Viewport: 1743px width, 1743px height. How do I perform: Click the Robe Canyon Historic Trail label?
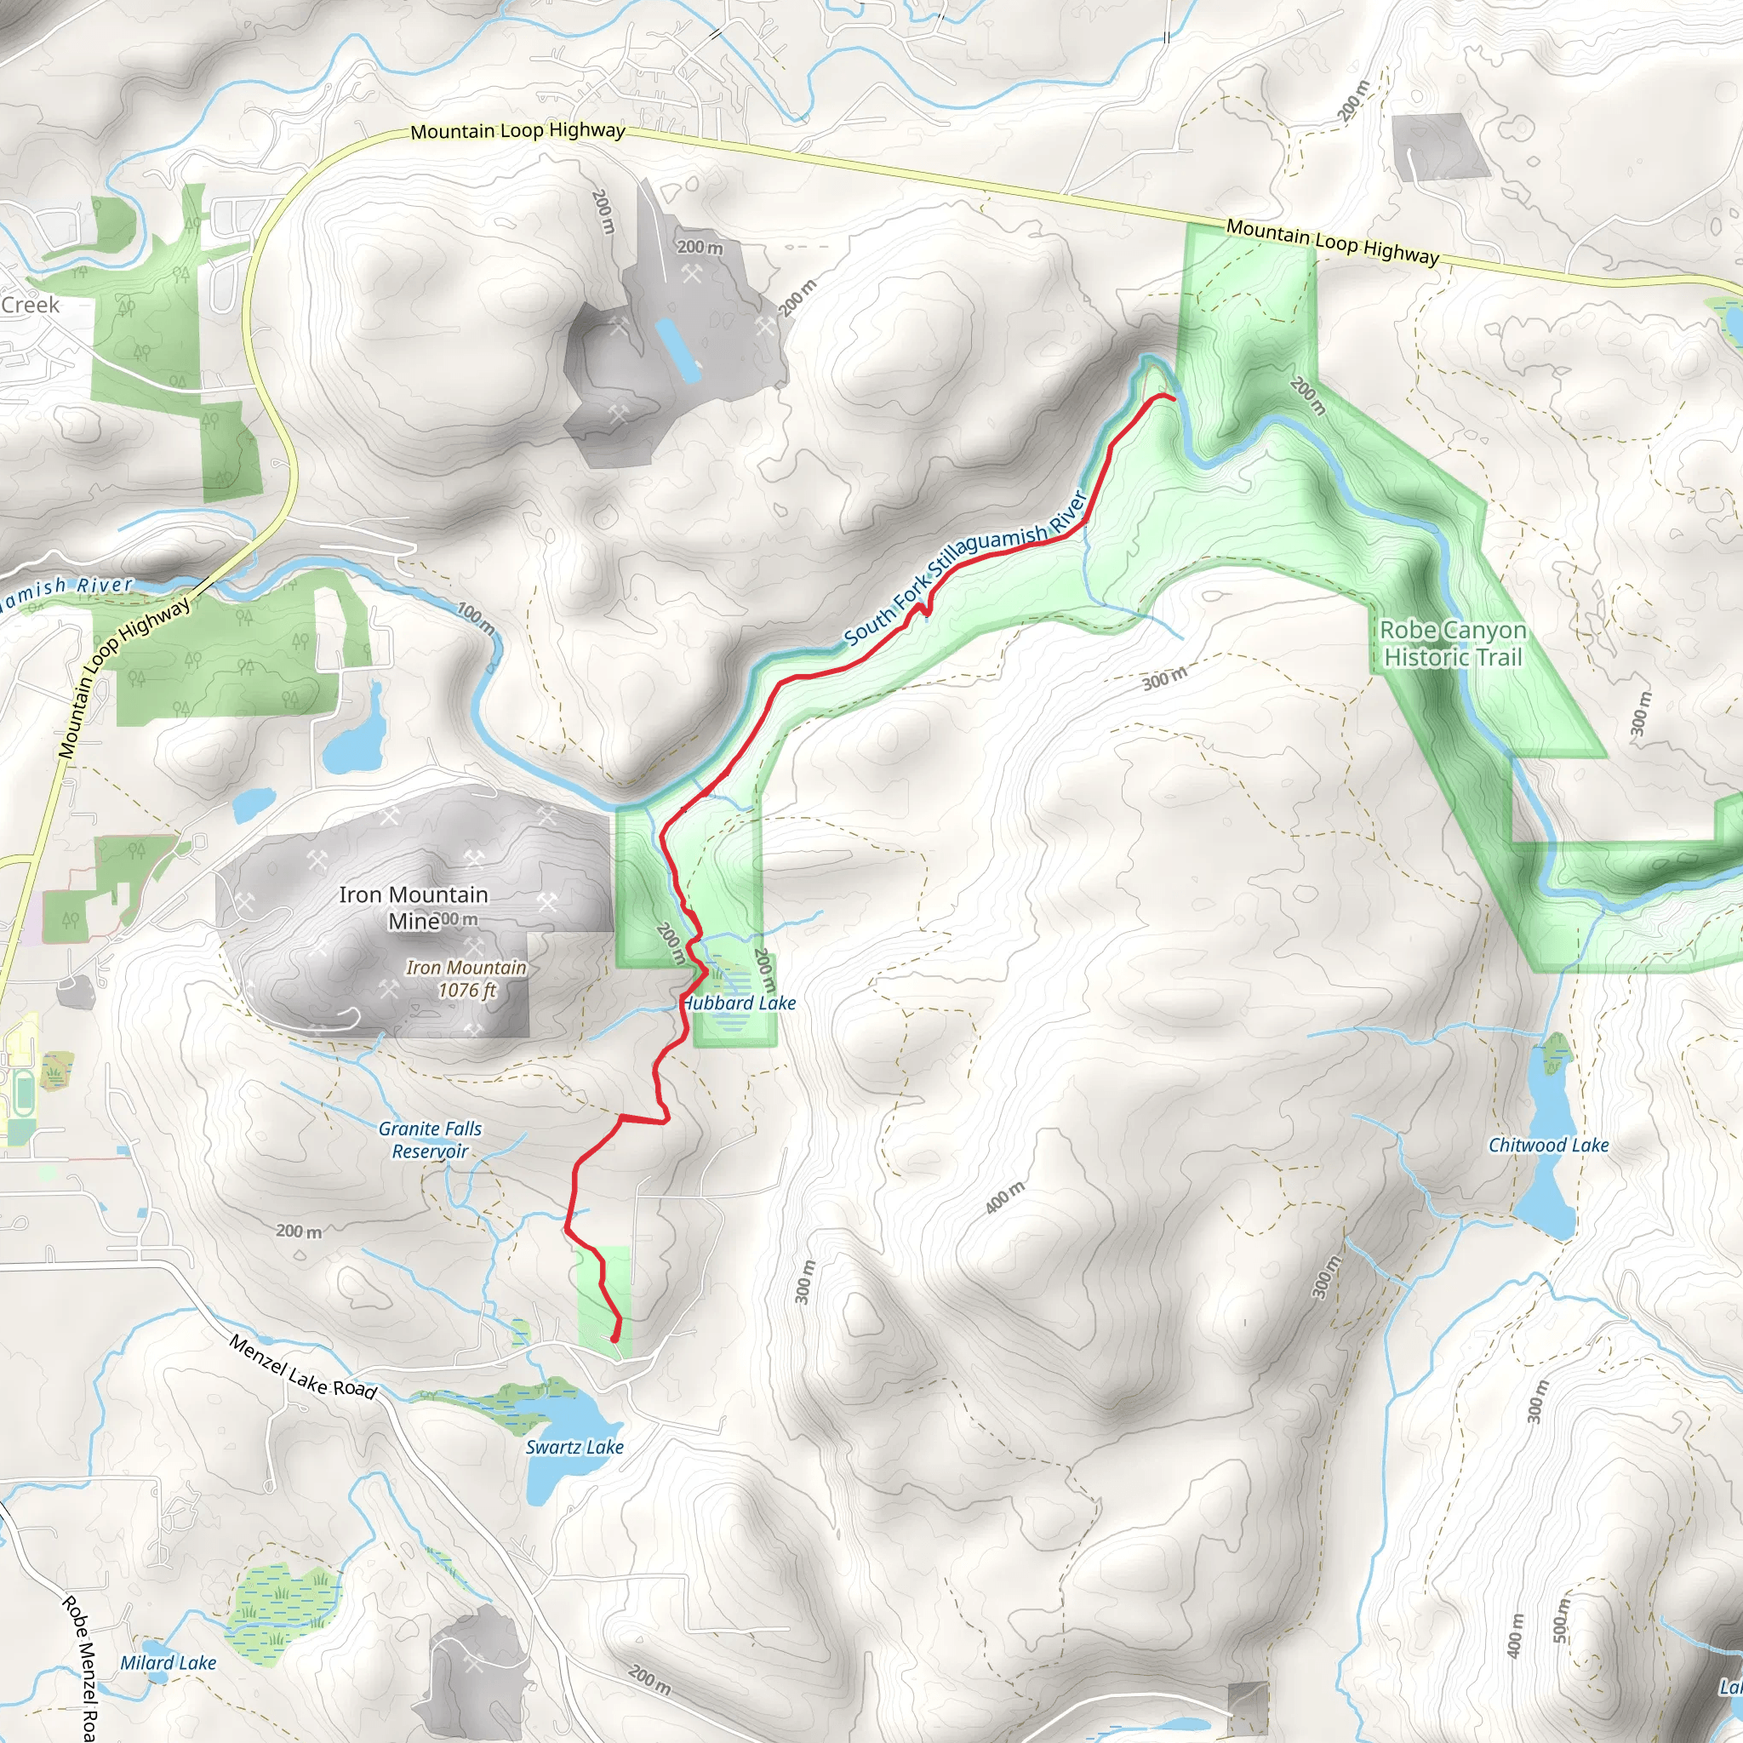click(1453, 643)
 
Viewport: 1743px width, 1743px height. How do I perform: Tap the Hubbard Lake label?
click(740, 1003)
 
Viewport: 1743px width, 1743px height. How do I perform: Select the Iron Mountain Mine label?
click(413, 906)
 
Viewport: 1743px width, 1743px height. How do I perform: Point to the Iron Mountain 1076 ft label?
click(466, 979)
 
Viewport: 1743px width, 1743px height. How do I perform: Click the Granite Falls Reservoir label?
click(431, 1140)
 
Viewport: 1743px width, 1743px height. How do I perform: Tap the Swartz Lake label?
click(574, 1447)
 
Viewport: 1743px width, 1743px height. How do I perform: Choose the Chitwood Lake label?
click(1548, 1145)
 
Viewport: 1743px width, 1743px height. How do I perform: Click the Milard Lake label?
click(169, 1663)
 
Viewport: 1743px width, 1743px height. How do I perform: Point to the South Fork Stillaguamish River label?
click(965, 569)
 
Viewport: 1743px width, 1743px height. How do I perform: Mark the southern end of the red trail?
click(614, 1340)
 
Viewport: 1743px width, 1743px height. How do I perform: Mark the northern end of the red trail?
click(1173, 397)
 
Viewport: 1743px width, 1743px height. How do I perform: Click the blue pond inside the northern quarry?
click(677, 349)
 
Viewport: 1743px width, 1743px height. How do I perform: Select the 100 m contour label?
click(476, 618)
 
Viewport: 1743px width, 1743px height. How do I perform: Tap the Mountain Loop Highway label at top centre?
click(517, 131)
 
